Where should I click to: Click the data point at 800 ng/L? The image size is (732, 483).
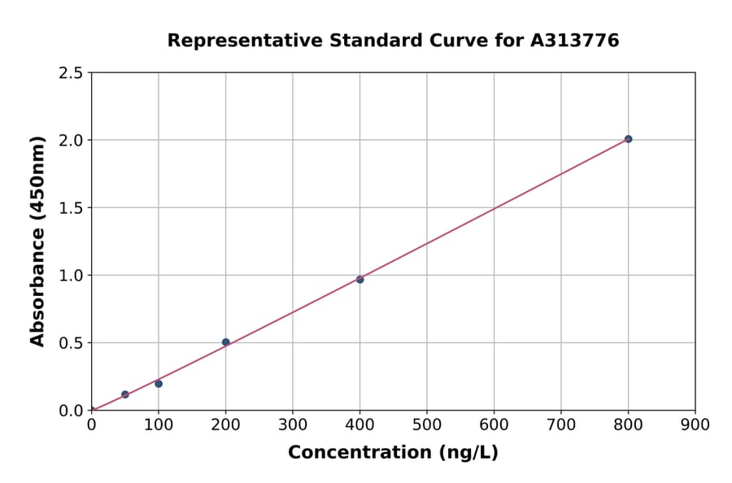coord(628,139)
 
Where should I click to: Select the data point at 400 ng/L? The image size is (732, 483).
coord(359,279)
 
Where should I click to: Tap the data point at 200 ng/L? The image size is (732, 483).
coord(225,342)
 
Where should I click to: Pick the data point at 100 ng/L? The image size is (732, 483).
coord(159,384)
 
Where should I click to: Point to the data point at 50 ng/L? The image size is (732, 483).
coord(125,394)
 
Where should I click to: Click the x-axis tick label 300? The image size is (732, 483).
coord(293,424)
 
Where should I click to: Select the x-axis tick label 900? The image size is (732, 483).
coord(695,424)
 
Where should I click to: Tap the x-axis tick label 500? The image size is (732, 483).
coord(427,424)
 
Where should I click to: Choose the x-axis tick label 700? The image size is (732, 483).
coord(560,424)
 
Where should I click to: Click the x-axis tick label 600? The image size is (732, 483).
coord(494,424)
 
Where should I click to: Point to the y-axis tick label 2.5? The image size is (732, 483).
coord(71,73)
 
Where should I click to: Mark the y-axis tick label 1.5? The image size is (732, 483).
coord(71,208)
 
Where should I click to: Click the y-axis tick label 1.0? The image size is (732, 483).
coord(71,276)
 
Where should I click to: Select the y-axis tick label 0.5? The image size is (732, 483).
coord(71,343)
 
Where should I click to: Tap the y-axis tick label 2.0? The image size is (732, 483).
coord(71,141)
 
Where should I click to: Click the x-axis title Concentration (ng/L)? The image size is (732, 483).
coord(393,452)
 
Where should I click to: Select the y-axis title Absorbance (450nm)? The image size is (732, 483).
coord(37,241)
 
